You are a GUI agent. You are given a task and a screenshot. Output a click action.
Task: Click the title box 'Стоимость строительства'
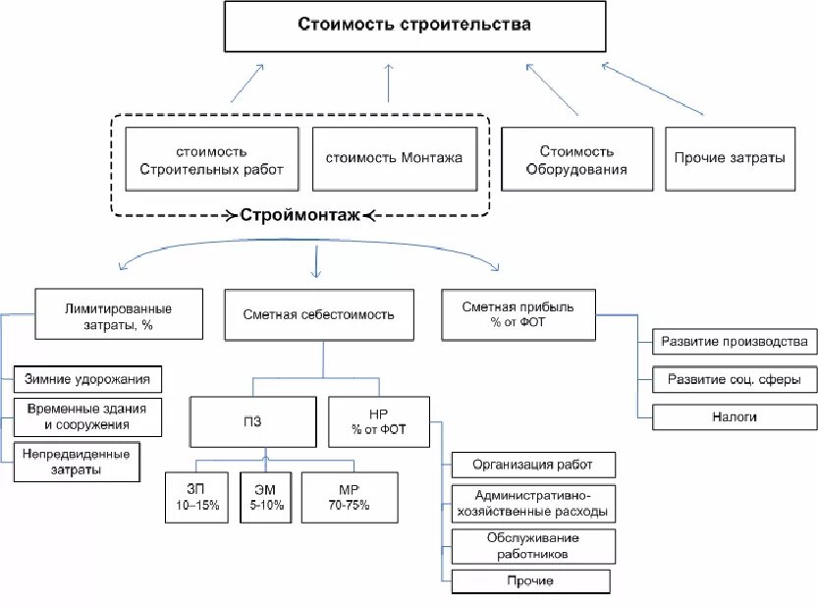click(x=414, y=27)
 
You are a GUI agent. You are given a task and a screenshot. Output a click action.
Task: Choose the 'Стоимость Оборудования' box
click(x=576, y=160)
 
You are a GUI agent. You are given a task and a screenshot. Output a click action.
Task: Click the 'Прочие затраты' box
click(x=730, y=158)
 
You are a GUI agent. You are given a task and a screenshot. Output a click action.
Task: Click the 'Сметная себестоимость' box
click(x=318, y=314)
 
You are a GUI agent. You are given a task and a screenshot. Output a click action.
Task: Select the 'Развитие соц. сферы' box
click(x=734, y=378)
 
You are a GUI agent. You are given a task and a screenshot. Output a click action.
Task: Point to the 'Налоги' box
click(x=734, y=416)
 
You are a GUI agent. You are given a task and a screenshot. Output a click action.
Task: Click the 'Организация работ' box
click(x=532, y=464)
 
